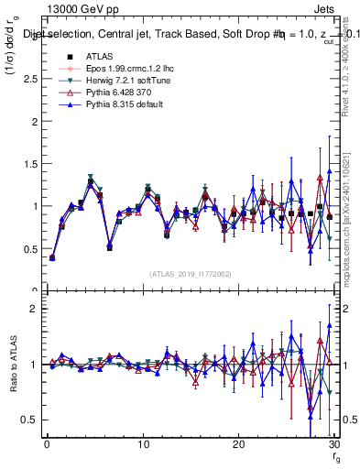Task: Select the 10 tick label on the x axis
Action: click(x=142, y=445)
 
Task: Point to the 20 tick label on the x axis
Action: click(x=238, y=445)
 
